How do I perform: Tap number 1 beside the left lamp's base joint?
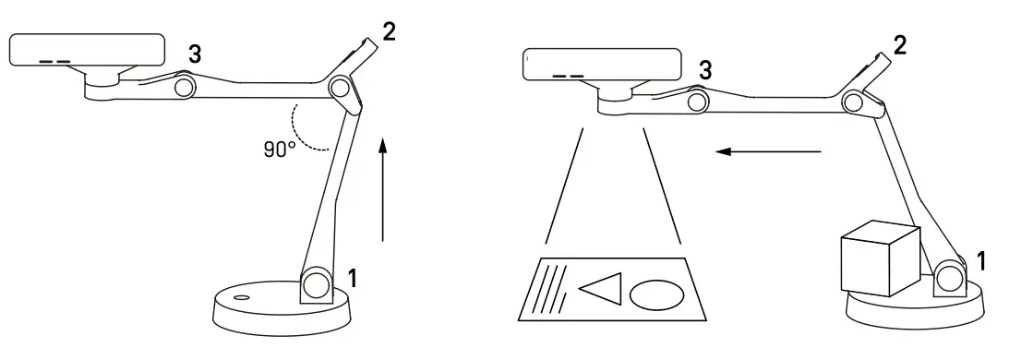[351, 276]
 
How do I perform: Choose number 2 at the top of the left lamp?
[390, 31]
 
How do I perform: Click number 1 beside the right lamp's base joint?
[981, 262]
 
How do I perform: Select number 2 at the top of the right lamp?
[900, 43]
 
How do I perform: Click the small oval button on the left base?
[242, 298]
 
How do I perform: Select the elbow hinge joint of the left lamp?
[340, 90]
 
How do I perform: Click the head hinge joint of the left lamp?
[185, 87]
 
